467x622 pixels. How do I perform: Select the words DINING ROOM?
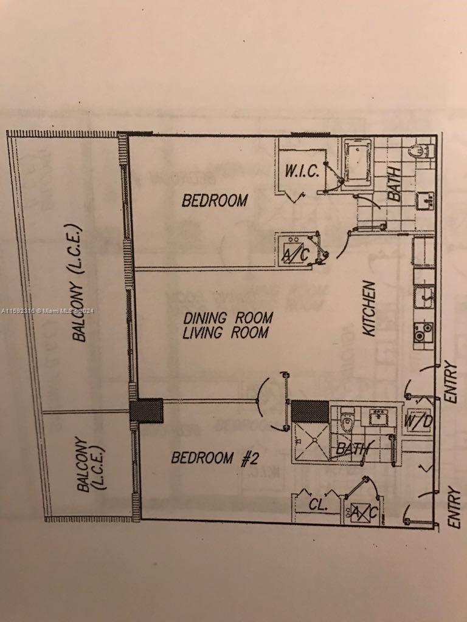tap(228, 318)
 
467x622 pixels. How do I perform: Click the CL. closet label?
tap(317, 504)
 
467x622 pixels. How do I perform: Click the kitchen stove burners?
tap(423, 332)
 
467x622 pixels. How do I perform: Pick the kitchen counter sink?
tap(424, 297)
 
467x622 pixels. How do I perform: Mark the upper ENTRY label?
tap(451, 381)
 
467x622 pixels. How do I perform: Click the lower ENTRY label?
tap(453, 507)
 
